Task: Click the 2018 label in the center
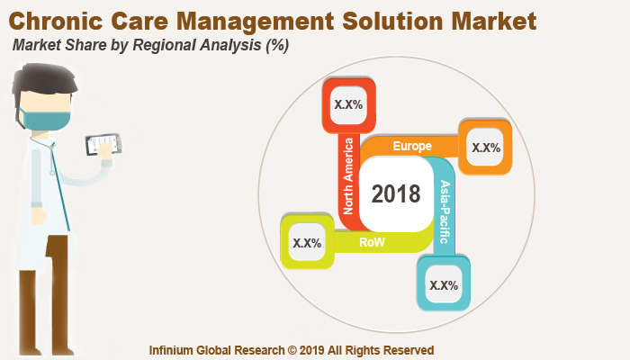396,193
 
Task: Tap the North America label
348,175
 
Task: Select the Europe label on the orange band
412,146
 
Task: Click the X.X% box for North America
348,103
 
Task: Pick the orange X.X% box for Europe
486,147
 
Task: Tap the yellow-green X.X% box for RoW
307,242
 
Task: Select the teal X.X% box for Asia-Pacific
444,284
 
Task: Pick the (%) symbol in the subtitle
277,46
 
